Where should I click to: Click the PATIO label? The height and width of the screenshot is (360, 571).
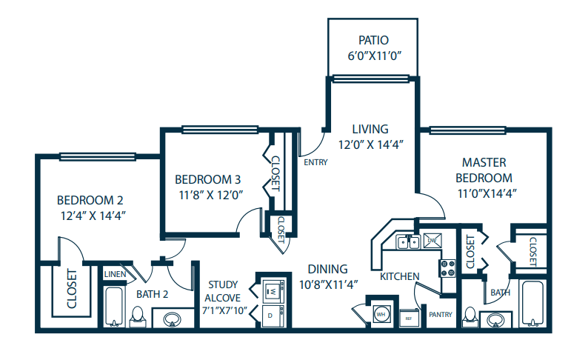(373, 40)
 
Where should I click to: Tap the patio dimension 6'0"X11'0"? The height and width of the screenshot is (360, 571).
(373, 55)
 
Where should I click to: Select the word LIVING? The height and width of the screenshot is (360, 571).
(370, 129)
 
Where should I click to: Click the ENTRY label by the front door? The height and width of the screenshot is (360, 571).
(315, 161)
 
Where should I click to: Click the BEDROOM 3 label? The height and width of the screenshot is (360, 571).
(208, 179)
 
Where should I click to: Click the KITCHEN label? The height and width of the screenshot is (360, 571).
(400, 276)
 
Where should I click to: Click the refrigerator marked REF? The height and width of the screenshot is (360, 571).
(409, 318)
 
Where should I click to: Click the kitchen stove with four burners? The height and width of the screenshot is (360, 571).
(449, 267)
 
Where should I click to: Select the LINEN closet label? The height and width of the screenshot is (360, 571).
(115, 274)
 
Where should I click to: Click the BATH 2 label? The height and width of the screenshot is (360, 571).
(153, 294)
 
